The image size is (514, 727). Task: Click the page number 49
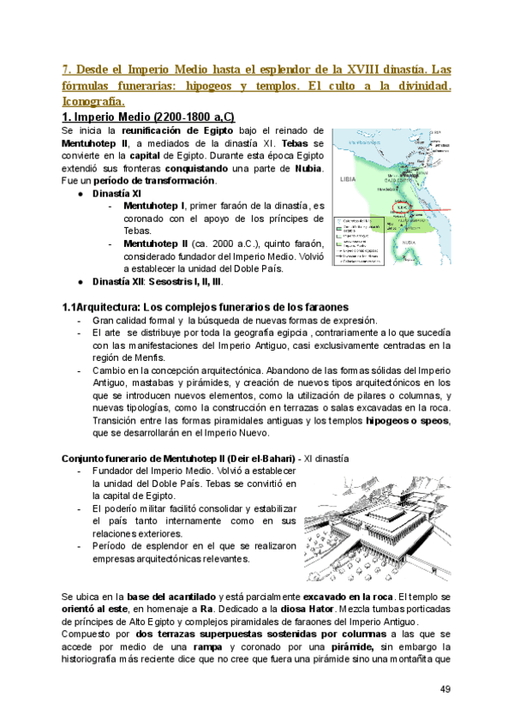[445, 688]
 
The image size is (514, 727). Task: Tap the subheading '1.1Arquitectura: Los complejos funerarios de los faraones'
[206, 307]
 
